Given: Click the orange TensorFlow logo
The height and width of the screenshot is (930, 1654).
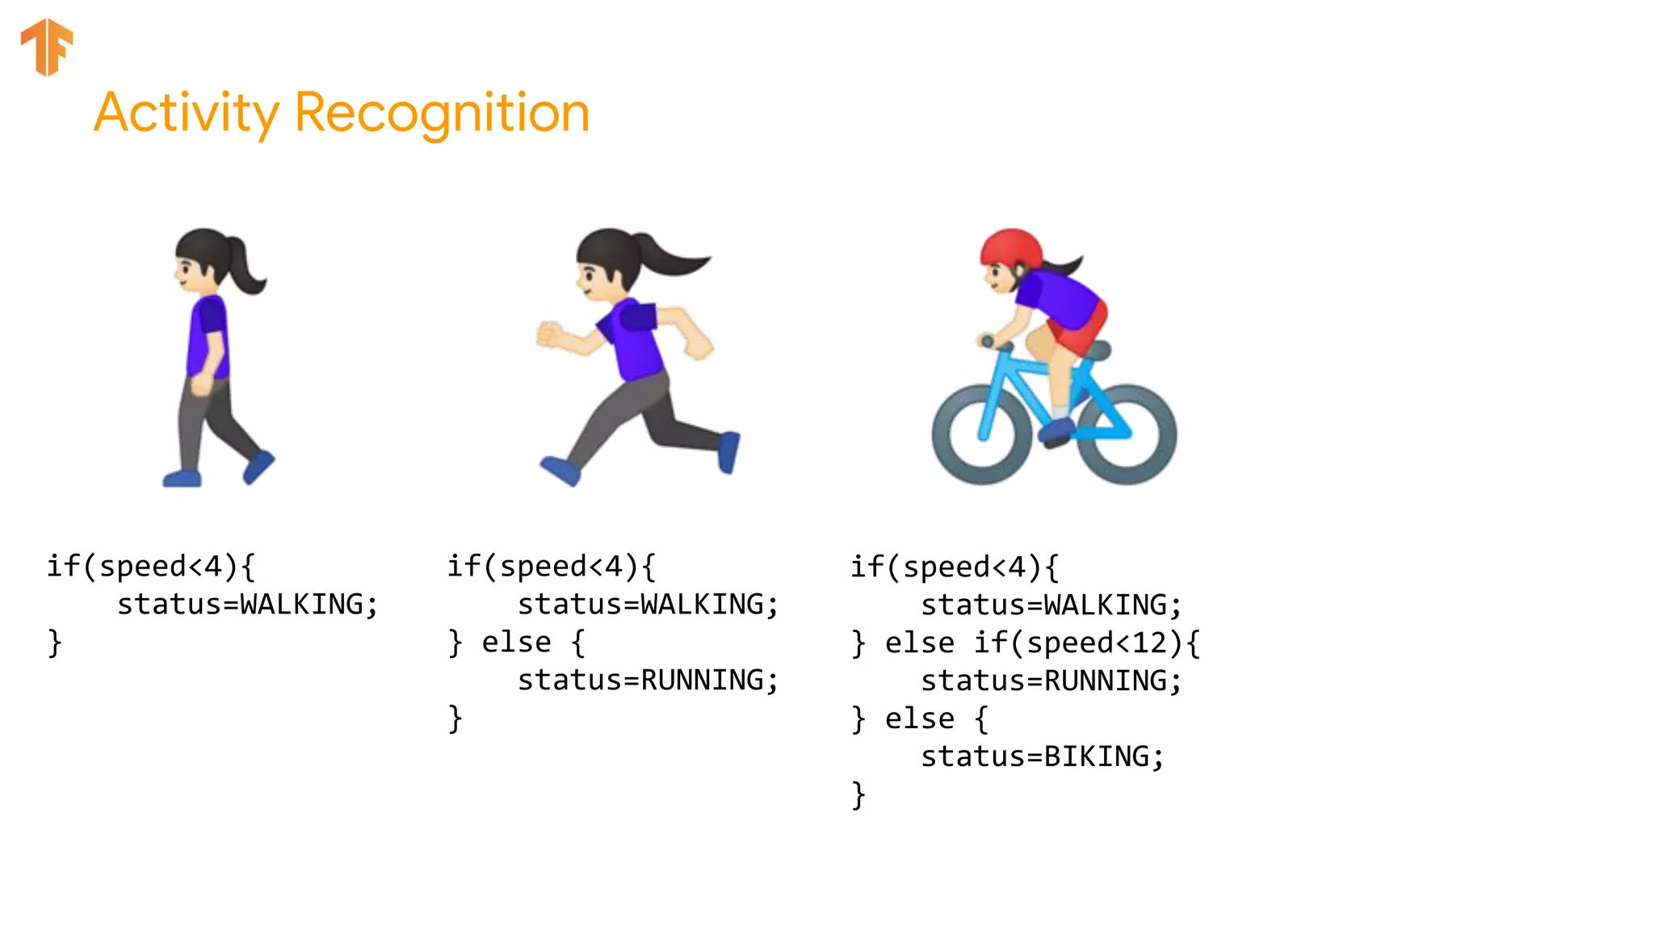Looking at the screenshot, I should [x=47, y=47].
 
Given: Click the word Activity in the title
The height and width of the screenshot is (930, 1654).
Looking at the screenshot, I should [x=187, y=113].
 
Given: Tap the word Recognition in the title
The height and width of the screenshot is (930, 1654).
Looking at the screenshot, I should [x=442, y=113].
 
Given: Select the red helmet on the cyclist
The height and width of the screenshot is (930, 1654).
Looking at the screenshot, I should [x=1010, y=246].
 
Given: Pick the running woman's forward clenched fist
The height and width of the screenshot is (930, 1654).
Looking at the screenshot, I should [x=550, y=333].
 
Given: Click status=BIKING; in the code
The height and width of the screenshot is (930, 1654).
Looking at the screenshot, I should [x=1042, y=756].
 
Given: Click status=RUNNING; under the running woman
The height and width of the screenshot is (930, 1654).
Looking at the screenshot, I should [x=648, y=680].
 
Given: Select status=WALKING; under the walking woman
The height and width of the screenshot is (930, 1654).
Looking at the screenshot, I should [x=247, y=604].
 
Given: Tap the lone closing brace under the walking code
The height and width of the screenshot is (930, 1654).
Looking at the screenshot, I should [x=54, y=643].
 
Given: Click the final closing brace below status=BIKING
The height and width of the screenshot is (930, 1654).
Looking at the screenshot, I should [x=858, y=794].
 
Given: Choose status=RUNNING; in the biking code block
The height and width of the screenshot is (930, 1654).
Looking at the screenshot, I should [x=1051, y=681].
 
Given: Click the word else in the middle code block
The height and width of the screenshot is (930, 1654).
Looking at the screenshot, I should [x=516, y=643].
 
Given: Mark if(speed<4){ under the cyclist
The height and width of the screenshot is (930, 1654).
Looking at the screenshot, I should [x=954, y=567].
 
